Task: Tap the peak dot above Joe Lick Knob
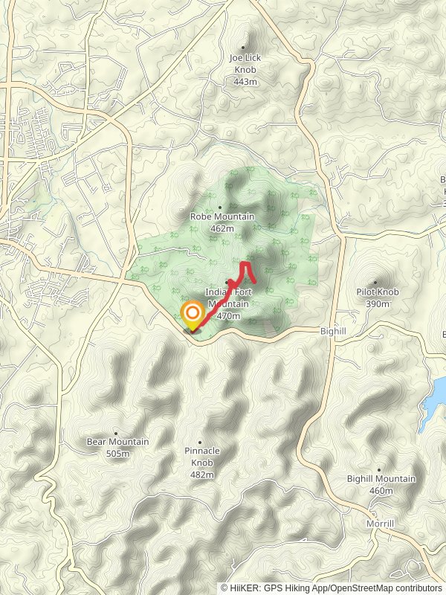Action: tap(242, 47)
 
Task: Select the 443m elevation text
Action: tap(245, 81)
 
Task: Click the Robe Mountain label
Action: tap(222, 216)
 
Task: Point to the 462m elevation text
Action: tap(222, 228)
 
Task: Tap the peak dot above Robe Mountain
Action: tap(219, 208)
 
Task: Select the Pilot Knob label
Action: tap(377, 292)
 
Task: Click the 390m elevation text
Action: tap(377, 304)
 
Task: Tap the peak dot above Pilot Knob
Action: tap(375, 283)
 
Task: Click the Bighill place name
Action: tap(334, 329)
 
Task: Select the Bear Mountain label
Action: tap(117, 442)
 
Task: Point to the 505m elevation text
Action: tap(117, 454)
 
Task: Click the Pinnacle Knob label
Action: tap(202, 457)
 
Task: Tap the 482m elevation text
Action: tap(202, 475)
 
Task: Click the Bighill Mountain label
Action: tap(381, 479)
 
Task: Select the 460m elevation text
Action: tap(381, 491)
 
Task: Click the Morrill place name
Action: tap(380, 524)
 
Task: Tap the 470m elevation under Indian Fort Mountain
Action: tap(229, 316)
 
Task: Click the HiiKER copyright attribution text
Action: tap(331, 588)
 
